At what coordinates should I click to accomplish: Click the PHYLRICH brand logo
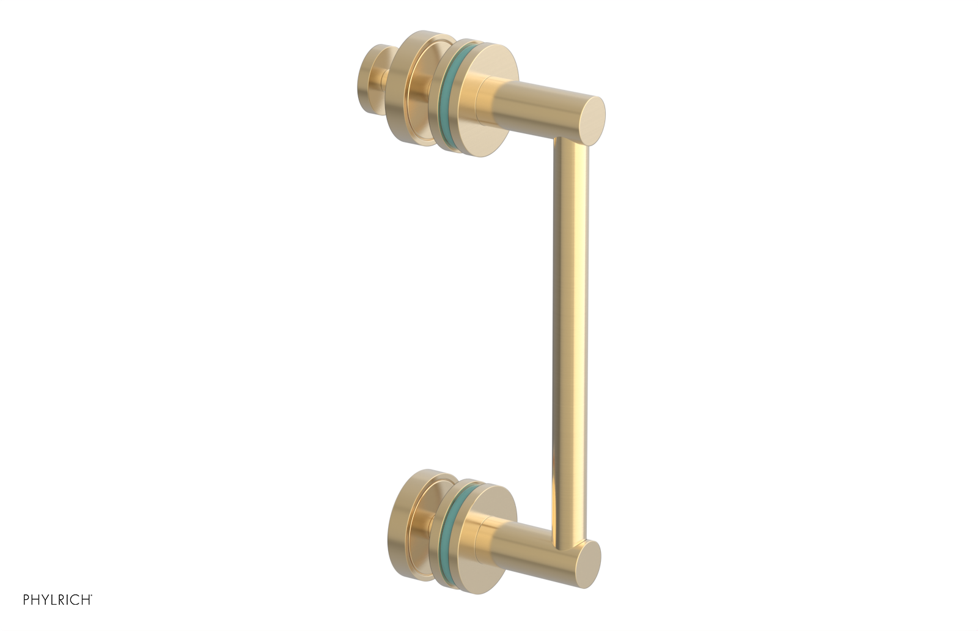pyautogui.click(x=57, y=600)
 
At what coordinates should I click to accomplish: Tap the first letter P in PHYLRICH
pyautogui.click(x=26, y=600)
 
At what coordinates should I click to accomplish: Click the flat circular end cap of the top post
pyautogui.click(x=590, y=121)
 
